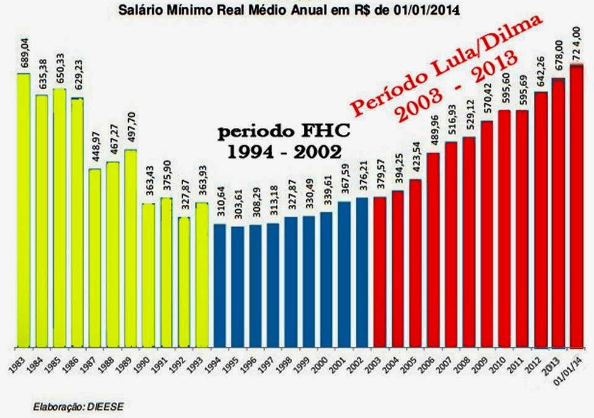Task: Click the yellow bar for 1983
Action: point(24,211)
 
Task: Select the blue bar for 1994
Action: point(220,285)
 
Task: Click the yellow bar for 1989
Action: point(131,248)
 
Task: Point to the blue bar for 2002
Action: point(363,272)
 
